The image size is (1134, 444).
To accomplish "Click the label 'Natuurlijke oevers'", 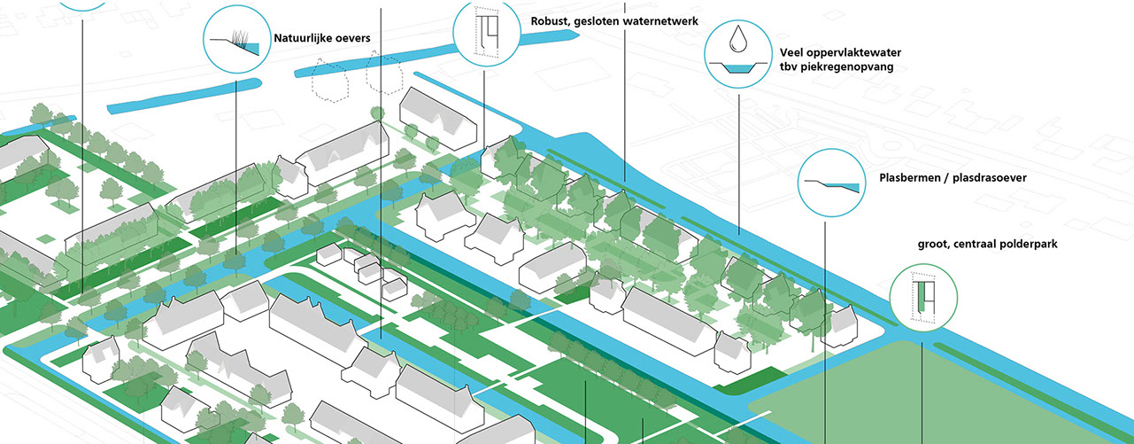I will point(321,38).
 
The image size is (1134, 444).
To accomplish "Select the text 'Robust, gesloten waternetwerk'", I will point(615,21).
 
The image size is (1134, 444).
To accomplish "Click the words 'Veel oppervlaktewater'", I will point(840,52).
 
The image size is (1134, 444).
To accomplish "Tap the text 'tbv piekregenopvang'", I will point(836,67).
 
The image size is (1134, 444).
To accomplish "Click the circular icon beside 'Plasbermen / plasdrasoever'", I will point(831,183).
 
